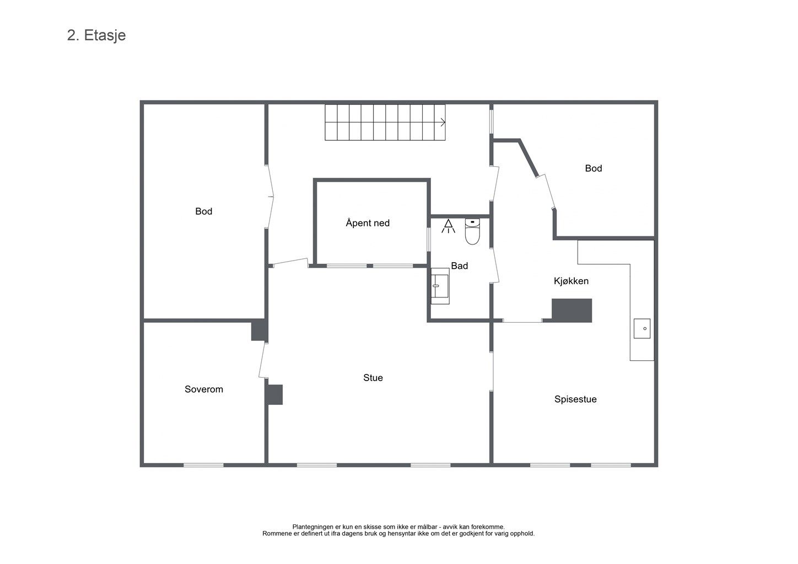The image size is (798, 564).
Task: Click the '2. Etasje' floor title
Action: pyautogui.click(x=96, y=36)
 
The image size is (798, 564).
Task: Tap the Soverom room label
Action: pyautogui.click(x=204, y=389)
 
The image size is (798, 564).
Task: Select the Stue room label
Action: pyautogui.click(x=373, y=378)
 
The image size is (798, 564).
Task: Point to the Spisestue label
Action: pyautogui.click(x=575, y=399)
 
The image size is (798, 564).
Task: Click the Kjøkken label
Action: pyautogui.click(x=571, y=281)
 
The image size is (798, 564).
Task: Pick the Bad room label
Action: pyautogui.click(x=460, y=265)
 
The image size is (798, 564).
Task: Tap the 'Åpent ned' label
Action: pyautogui.click(x=368, y=223)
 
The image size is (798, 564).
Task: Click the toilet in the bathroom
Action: pyautogui.click(x=472, y=231)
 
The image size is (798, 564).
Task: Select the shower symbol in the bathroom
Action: pyautogui.click(x=448, y=226)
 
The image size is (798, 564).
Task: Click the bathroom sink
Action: pyautogui.click(x=440, y=286)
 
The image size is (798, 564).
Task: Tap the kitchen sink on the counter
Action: pyautogui.click(x=642, y=328)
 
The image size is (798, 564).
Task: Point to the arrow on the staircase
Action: pyautogui.click(x=443, y=122)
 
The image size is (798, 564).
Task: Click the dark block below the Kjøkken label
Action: pyautogui.click(x=572, y=311)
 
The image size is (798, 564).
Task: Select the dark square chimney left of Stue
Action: pyautogui.click(x=274, y=394)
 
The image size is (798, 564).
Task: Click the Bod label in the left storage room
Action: pyautogui.click(x=204, y=211)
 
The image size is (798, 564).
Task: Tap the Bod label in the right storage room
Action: pyautogui.click(x=594, y=169)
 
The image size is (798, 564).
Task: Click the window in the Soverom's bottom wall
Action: pyautogui.click(x=203, y=465)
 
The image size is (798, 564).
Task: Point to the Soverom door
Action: pyautogui.click(x=262, y=360)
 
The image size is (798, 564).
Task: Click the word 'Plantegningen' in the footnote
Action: pyautogui.click(x=314, y=527)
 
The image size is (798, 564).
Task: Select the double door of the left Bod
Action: pyautogui.click(x=270, y=196)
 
